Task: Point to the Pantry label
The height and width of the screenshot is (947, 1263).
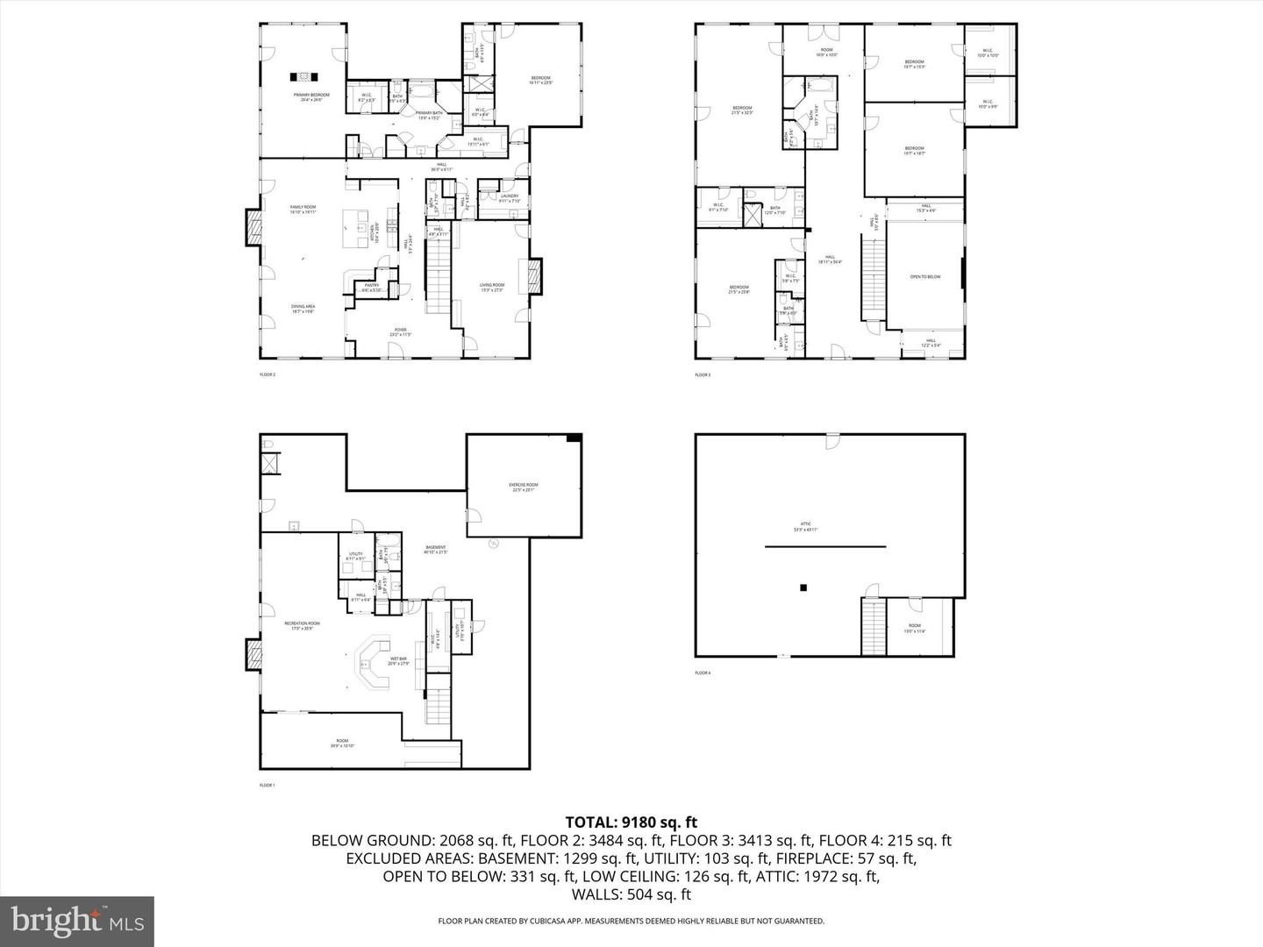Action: pyautogui.click(x=372, y=287)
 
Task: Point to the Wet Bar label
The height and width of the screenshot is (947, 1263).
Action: pyautogui.click(x=399, y=661)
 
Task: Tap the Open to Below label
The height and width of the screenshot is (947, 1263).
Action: pyautogui.click(x=924, y=277)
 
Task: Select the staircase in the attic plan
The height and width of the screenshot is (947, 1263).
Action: pyautogui.click(x=874, y=626)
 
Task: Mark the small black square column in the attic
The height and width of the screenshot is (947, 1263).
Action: pyautogui.click(x=803, y=588)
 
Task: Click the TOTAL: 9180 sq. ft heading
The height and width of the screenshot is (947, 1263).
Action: pyautogui.click(x=631, y=822)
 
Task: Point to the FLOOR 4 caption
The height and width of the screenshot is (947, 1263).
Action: pyautogui.click(x=703, y=673)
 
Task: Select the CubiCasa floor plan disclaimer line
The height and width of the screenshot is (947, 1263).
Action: pyautogui.click(x=631, y=921)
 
